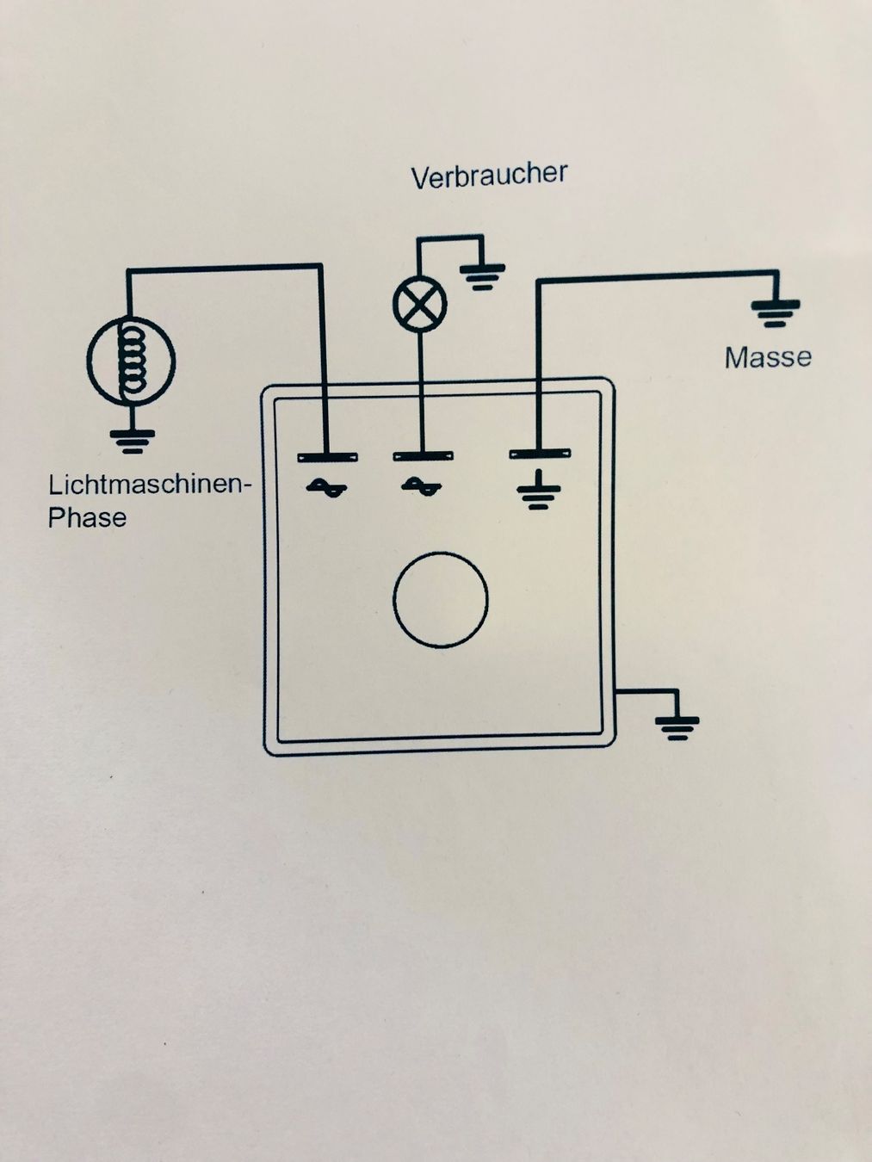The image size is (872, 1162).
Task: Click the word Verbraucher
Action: pyautogui.click(x=489, y=176)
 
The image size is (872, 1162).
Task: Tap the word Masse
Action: pyautogui.click(x=768, y=356)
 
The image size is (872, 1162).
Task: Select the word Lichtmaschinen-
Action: pyautogui.click(x=149, y=485)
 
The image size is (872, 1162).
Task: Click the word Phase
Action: pyautogui.click(x=87, y=518)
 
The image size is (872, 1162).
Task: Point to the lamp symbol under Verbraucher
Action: pyautogui.click(x=420, y=305)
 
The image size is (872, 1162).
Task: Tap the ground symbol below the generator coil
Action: pyautogui.click(x=131, y=441)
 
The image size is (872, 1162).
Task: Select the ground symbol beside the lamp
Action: pyautogui.click(x=482, y=275)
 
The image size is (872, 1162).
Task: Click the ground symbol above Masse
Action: pyautogui.click(x=775, y=312)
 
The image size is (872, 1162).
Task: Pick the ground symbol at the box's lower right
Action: pyautogui.click(x=677, y=727)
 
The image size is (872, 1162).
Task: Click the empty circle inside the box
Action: pyautogui.click(x=441, y=600)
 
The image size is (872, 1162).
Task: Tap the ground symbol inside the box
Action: pyautogui.click(x=539, y=490)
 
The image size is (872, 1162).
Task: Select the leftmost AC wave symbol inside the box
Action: pyautogui.click(x=326, y=488)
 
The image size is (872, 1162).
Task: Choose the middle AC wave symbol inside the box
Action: pyautogui.click(x=422, y=488)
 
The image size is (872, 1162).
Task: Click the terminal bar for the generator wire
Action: pyautogui.click(x=327, y=456)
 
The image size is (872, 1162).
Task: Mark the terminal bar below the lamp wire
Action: pyautogui.click(x=423, y=455)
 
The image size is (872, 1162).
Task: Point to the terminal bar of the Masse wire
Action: pyautogui.click(x=540, y=453)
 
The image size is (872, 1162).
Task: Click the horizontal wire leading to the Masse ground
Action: pyautogui.click(x=654, y=277)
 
